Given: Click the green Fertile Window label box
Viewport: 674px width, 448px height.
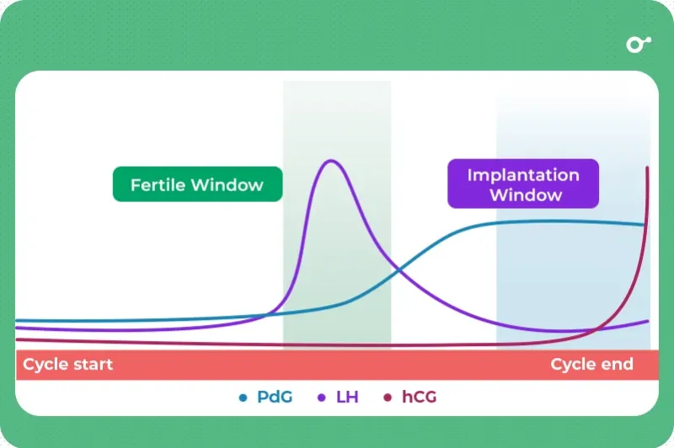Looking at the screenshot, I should point(197,184).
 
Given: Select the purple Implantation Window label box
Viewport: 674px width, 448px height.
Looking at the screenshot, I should point(523,184).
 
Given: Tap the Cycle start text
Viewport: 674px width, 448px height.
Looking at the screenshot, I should point(68,365).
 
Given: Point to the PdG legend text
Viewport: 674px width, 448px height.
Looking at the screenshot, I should point(275,397).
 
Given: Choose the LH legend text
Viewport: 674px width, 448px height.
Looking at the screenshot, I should point(347,397).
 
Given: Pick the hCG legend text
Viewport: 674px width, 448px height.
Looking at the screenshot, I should point(420,397).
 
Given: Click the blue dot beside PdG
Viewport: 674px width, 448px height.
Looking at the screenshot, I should point(243,397).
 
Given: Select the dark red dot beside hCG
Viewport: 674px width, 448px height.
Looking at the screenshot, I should point(388,397).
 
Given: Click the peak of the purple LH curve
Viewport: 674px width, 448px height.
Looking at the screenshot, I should point(329,160).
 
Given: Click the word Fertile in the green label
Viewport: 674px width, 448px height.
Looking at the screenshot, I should point(158,184).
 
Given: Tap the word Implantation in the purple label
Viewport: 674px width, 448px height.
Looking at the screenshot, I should point(523,175).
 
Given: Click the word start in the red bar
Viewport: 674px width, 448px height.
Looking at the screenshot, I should point(92,365).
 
